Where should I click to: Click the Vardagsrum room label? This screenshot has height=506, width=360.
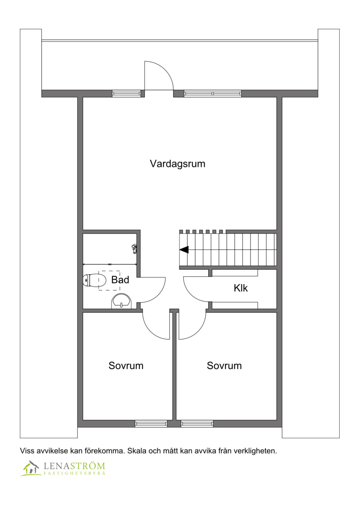click(177, 164)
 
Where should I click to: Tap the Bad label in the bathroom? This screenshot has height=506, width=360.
click(120, 280)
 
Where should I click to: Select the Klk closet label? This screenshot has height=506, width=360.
click(241, 288)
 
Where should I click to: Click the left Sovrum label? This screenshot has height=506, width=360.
click(126, 366)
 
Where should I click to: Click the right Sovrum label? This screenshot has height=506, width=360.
click(224, 366)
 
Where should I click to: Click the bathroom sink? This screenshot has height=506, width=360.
click(121, 302)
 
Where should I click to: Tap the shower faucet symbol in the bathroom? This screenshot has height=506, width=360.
click(134, 247)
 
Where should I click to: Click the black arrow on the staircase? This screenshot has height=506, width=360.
click(184, 249)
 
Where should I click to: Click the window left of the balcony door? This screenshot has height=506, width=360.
click(126, 94)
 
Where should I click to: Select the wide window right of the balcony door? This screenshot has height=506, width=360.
click(212, 94)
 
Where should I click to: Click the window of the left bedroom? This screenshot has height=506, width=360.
click(151, 423)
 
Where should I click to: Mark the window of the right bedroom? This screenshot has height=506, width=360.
click(197, 423)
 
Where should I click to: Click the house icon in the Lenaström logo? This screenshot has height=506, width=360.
click(31, 468)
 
